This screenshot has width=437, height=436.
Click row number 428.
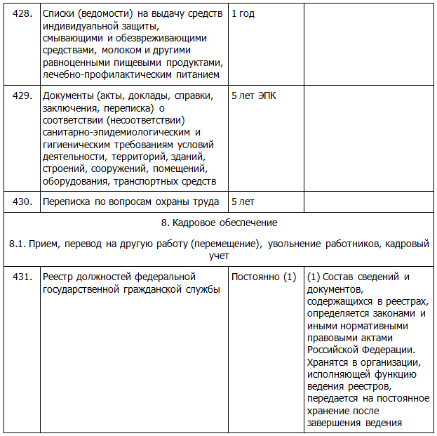click(23, 14)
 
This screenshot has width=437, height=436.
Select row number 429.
click(23, 96)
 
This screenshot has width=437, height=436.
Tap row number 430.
click(23, 202)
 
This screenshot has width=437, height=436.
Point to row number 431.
click(23, 277)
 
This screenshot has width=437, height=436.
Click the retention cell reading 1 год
click(243, 14)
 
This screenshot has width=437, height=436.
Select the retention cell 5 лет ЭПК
click(254, 96)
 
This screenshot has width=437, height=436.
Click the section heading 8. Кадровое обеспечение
click(219, 223)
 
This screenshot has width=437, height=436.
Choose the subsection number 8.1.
click(18, 244)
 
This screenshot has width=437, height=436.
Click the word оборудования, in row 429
click(75, 181)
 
